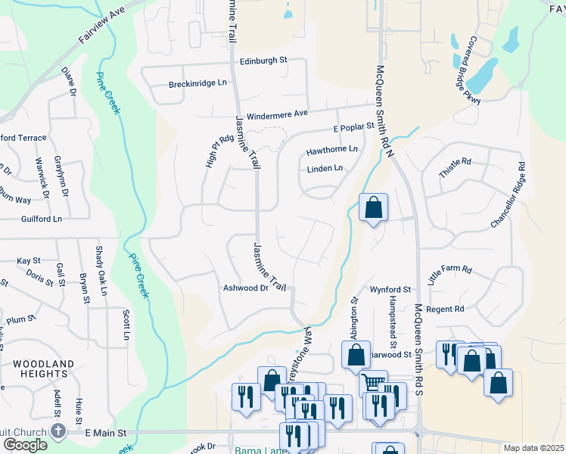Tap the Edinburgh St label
(264, 61)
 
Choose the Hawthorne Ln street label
(331, 151)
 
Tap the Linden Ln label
(325, 168)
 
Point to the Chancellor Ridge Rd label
(508, 195)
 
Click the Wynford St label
(390, 290)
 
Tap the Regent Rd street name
(445, 309)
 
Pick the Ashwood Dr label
(246, 288)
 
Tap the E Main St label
(105, 433)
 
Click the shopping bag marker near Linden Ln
(373, 207)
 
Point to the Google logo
(25, 444)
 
